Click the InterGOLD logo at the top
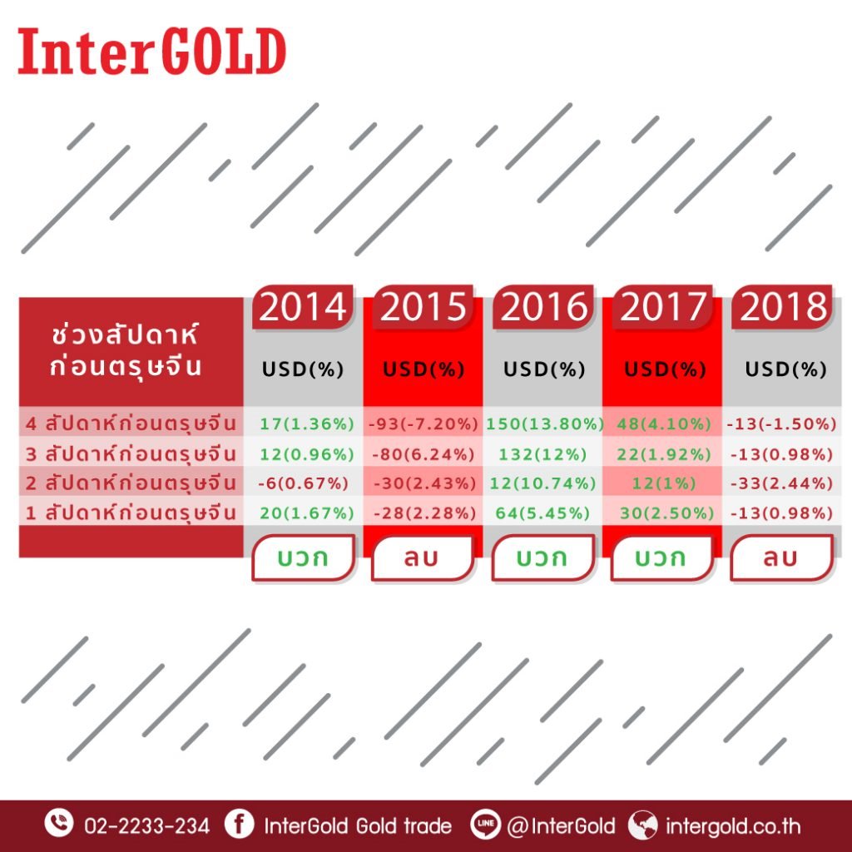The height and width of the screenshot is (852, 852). pos(151,52)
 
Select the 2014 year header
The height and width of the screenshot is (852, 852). pos(302,306)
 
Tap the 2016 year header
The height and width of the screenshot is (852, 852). pos(543,306)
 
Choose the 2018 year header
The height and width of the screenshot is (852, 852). pos(782,306)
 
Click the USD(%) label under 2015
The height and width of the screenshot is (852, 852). pos(424,369)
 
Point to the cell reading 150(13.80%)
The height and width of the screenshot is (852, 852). pos(544,424)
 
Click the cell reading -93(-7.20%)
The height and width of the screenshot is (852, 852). pos(424,424)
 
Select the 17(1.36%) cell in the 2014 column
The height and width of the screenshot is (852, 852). pos(306,424)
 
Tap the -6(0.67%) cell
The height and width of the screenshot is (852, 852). pos(303,483)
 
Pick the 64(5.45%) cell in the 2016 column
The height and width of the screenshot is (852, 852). pos(542,513)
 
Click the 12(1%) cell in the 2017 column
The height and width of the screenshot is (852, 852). pos(663,483)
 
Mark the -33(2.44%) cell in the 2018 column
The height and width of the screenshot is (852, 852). pos(781,483)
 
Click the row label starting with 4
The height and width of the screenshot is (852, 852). pos(131,424)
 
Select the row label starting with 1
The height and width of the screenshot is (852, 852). pos(131,513)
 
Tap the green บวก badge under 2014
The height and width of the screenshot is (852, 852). pos(303,557)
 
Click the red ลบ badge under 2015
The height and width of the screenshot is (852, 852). pos(422,557)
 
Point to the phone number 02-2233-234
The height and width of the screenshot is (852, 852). pos(146,826)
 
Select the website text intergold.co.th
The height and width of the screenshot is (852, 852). pos(733,826)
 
